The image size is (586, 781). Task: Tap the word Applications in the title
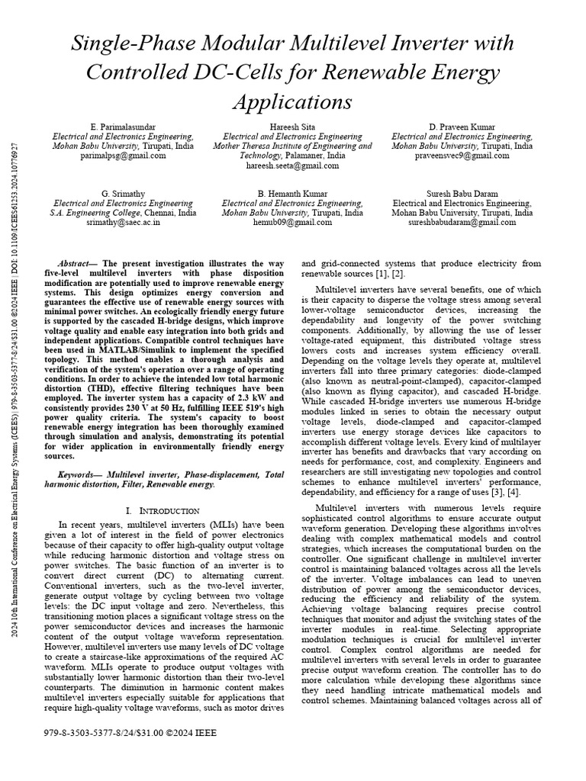[x=292, y=101]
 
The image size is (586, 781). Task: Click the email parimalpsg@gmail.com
[x=122, y=155]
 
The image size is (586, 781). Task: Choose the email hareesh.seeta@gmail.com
[x=292, y=165]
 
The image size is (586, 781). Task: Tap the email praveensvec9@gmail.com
[x=462, y=155]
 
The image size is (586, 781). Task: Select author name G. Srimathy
[x=122, y=194]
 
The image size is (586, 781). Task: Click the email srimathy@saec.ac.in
[x=122, y=223]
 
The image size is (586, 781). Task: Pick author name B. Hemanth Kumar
[x=292, y=194]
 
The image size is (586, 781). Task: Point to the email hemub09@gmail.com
[x=292, y=223]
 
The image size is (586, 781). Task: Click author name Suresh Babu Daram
[x=462, y=194]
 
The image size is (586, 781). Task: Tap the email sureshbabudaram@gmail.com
[x=462, y=223]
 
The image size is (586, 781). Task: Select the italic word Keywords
[x=80, y=474]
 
